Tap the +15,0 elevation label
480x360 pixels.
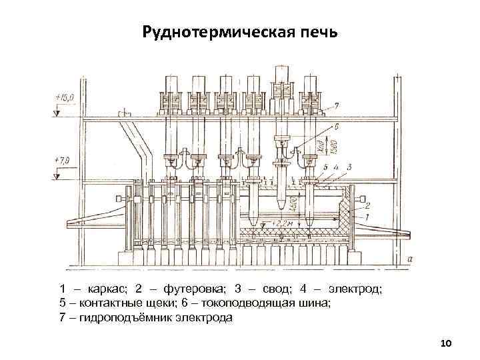[x=65, y=99]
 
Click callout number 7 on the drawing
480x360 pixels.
[x=336, y=106]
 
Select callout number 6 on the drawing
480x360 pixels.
[x=336, y=125]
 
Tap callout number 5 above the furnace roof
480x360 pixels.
[x=325, y=167]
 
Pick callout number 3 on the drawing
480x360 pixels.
[x=349, y=167]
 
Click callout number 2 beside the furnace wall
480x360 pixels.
[x=367, y=207]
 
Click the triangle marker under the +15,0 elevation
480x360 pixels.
[x=57, y=113]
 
